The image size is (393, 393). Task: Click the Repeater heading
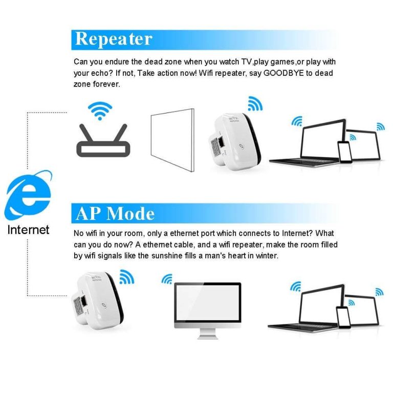click(114, 39)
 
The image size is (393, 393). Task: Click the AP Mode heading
click(115, 213)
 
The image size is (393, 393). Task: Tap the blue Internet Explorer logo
click(29, 194)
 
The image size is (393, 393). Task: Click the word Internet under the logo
click(29, 229)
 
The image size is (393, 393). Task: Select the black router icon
click(103, 140)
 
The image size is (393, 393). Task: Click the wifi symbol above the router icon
click(99, 110)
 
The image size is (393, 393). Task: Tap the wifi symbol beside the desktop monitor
click(167, 279)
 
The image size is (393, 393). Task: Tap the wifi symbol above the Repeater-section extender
click(255, 104)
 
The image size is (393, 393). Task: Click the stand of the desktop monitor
click(208, 333)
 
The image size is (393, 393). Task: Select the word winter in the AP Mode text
click(266, 255)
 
